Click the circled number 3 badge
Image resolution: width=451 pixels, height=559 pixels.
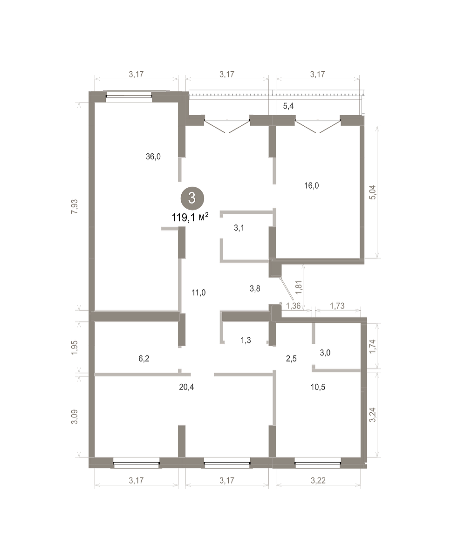point(192,198)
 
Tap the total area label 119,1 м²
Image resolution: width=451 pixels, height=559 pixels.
point(190,217)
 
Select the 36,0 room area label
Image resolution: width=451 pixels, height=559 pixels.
point(153,157)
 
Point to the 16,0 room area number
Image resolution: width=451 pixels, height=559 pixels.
point(312,186)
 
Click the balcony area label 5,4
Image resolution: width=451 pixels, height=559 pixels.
point(288,106)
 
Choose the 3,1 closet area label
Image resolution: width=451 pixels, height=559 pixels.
point(239,228)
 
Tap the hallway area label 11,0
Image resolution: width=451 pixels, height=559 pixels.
point(198,293)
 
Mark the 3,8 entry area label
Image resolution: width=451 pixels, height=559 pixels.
point(255,288)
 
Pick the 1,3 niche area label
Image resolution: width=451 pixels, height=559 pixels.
point(246,340)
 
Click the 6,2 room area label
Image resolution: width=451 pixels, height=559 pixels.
point(143,359)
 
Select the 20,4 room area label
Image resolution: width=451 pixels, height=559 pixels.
point(186,387)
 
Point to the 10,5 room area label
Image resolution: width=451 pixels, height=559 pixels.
point(318,387)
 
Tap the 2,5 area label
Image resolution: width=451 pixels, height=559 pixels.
point(291,359)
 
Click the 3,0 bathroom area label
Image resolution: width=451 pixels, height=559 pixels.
point(325,353)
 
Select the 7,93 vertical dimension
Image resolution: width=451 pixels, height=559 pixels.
point(74,206)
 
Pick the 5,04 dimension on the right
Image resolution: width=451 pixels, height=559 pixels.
point(373,192)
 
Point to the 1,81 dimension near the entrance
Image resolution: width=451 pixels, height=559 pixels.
point(299,287)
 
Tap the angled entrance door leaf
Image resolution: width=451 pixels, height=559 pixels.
point(287,289)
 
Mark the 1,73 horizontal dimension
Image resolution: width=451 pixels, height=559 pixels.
point(337,306)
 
